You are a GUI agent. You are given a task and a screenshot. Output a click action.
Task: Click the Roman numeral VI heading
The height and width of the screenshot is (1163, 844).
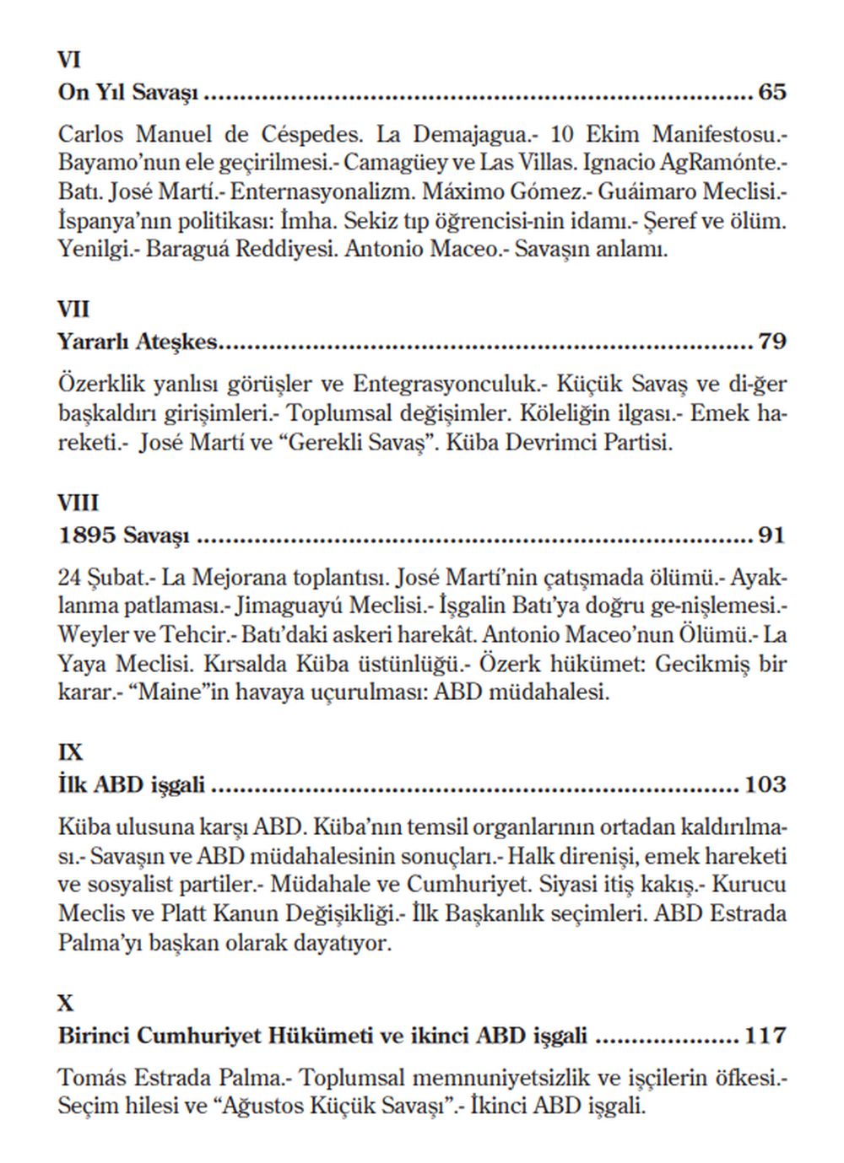point(68,60)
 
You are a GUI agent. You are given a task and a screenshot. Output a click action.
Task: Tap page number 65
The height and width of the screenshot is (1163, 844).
point(771,92)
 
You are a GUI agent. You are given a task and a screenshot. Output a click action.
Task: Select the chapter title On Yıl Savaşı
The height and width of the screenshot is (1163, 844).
point(127,92)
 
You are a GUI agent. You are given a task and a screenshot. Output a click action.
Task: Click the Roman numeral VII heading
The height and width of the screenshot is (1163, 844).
point(73,310)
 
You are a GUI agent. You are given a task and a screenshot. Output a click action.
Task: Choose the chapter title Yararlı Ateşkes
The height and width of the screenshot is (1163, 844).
point(138,342)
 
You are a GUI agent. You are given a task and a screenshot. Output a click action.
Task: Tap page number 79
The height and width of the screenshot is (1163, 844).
point(771,342)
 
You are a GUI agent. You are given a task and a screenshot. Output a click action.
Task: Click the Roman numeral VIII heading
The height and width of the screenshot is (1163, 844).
point(78,503)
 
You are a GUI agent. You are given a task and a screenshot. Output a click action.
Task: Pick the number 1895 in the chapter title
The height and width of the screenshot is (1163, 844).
point(88,536)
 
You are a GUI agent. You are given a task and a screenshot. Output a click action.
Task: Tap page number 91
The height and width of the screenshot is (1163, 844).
point(771,536)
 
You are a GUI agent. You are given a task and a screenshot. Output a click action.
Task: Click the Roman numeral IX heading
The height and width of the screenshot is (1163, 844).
point(71,752)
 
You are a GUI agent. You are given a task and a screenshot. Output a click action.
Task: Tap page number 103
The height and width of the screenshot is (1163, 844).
point(765,785)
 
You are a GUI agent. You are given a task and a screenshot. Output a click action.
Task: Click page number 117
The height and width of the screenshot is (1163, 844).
point(765,1035)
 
